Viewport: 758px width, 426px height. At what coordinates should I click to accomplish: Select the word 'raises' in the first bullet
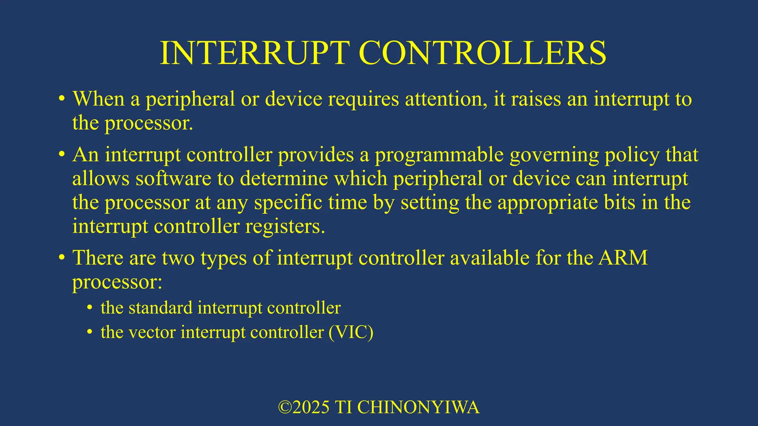click(x=536, y=99)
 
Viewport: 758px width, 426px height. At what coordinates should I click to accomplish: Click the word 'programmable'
click(x=439, y=155)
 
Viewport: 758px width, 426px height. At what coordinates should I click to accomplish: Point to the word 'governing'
click(x=554, y=155)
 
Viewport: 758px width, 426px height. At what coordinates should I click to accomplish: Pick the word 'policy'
click(x=632, y=155)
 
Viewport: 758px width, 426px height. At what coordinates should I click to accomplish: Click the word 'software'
click(x=173, y=179)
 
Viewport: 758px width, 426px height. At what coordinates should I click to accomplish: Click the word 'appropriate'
click(x=547, y=203)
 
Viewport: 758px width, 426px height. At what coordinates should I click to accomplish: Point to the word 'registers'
click(x=285, y=227)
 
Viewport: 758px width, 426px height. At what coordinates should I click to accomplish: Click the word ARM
click(x=623, y=258)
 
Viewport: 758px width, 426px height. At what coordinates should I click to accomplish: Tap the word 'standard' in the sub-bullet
click(x=160, y=308)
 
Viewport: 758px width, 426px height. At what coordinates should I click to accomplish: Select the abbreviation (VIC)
click(x=351, y=332)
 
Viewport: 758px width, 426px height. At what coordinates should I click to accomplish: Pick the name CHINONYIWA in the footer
click(x=418, y=408)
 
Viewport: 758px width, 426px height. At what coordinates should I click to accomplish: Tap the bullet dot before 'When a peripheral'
click(x=62, y=99)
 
